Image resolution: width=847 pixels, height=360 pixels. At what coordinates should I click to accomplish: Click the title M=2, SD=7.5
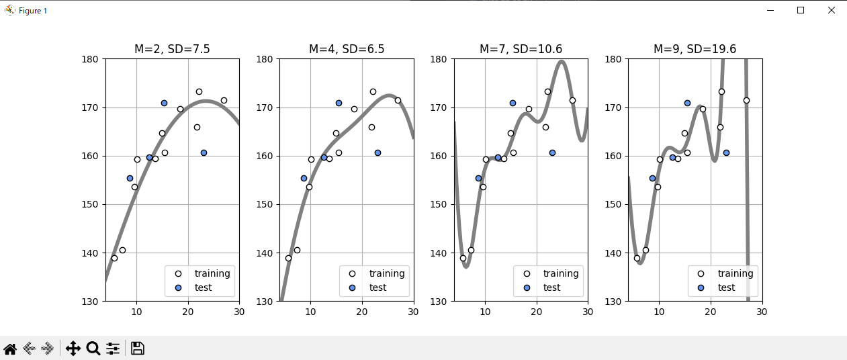tap(172, 49)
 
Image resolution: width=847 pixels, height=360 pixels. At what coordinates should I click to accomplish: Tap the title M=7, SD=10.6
tap(521, 49)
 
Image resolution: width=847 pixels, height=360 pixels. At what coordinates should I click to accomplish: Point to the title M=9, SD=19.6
tap(695, 49)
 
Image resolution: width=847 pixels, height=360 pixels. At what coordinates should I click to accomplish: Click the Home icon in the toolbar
tap(10, 349)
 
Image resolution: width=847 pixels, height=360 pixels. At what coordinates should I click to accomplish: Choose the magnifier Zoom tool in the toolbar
tap(93, 349)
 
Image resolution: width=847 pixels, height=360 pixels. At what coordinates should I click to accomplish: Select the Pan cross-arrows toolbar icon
tap(73, 349)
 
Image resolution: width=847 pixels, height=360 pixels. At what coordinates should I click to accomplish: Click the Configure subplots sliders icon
tap(113, 349)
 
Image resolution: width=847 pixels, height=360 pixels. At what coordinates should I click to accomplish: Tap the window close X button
tap(832, 10)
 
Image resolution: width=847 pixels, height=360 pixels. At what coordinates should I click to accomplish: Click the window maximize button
tap(801, 10)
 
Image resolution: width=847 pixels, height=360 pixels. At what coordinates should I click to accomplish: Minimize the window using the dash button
tap(770, 10)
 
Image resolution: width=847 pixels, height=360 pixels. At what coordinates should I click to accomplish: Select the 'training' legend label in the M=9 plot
tap(735, 273)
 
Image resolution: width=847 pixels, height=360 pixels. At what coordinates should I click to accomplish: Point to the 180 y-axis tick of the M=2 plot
tap(91, 59)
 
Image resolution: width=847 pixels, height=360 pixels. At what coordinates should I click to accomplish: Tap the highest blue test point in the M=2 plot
tap(164, 103)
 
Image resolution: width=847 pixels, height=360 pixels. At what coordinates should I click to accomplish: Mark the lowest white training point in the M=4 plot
tap(288, 258)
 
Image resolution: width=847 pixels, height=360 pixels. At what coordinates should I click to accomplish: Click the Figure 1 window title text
tap(33, 11)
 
